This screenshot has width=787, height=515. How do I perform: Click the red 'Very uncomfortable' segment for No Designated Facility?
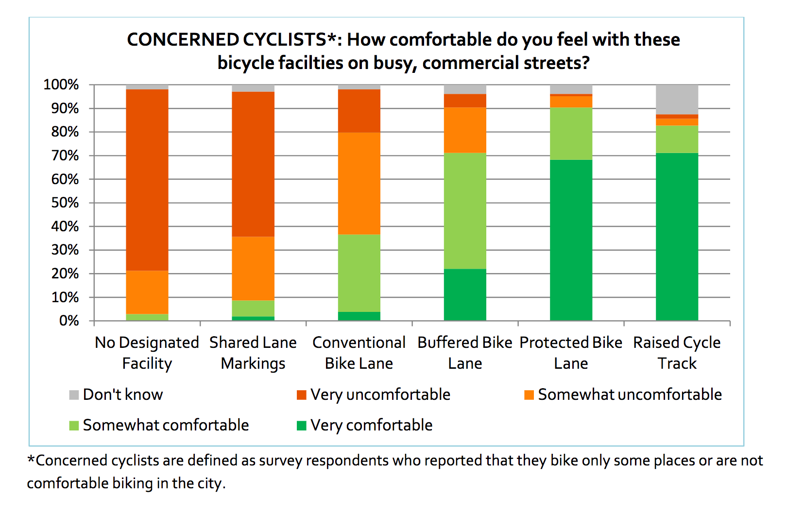[x=147, y=180]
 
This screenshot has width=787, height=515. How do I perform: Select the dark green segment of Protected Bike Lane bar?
[x=571, y=240]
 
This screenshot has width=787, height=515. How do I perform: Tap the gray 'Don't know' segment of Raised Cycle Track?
[x=677, y=100]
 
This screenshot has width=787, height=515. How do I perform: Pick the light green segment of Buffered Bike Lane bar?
[x=465, y=211]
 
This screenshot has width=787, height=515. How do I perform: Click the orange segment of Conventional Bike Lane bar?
[x=359, y=183]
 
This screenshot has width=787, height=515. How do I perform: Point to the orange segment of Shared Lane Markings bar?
[x=253, y=268]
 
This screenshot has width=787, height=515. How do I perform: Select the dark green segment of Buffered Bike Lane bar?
[x=465, y=295]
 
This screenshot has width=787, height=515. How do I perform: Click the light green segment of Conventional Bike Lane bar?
[x=359, y=273]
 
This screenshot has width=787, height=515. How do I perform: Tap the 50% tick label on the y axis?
[x=65, y=203]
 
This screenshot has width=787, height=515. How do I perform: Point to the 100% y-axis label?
[x=61, y=85]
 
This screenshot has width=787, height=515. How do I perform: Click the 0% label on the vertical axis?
[x=69, y=321]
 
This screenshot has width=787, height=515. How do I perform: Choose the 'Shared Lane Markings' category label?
[x=253, y=353]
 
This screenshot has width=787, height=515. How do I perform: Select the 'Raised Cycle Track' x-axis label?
[x=677, y=353]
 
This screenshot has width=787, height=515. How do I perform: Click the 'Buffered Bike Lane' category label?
[x=465, y=353]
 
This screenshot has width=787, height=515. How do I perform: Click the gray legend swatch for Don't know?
[x=74, y=395]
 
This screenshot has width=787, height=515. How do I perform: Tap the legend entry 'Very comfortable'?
[x=365, y=426]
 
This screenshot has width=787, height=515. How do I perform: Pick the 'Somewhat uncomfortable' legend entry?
[x=623, y=395]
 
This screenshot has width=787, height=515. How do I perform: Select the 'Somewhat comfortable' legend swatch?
[x=74, y=426]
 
